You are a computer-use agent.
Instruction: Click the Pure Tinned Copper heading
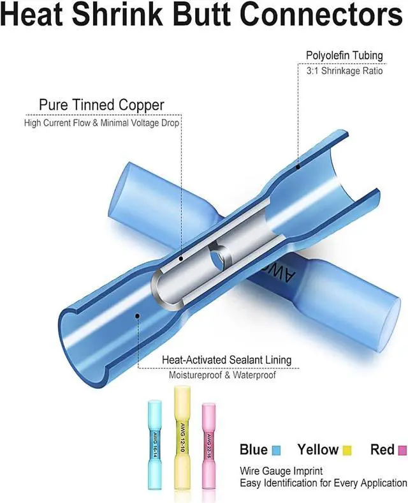point(101,105)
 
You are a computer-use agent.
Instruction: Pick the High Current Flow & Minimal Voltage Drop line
point(102,122)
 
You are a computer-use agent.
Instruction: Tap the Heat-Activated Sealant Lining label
point(227,360)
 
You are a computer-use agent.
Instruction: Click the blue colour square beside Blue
point(276,451)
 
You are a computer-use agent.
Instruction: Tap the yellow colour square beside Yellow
point(348,451)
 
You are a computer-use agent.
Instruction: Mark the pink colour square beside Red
point(402,451)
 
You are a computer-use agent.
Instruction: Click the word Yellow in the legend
point(318,450)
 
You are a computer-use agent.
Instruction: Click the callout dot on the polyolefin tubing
point(298,167)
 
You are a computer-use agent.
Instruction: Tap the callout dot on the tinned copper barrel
point(181,259)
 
